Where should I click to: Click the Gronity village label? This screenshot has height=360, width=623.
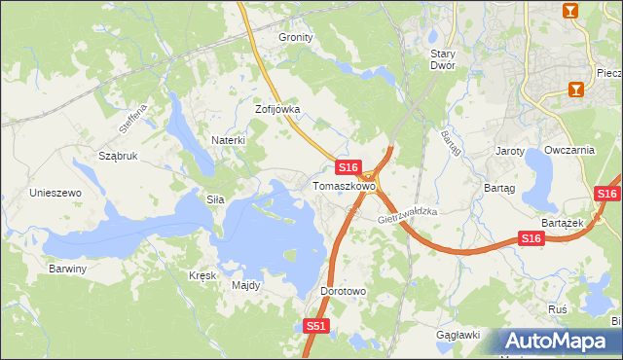pos(296,37)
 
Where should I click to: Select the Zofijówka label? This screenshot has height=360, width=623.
pos(277,110)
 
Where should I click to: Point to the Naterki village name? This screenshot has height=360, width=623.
pos(229,140)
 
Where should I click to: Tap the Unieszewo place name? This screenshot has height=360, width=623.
pos(55,193)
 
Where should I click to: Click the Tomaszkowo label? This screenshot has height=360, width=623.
pos(344,186)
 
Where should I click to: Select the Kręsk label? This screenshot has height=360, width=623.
pos(202,275)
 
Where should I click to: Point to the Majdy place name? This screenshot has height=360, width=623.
pos(245,286)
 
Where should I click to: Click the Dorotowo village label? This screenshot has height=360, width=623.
pos(343,291)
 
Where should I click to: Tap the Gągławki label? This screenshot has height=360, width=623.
pos(459,335)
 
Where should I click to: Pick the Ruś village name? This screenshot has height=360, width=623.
pos(558,307)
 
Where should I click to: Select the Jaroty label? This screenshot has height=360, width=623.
pos(510,151)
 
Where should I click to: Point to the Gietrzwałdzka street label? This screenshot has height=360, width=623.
pos(409,216)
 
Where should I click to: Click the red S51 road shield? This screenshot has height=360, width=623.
pos(314,327)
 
